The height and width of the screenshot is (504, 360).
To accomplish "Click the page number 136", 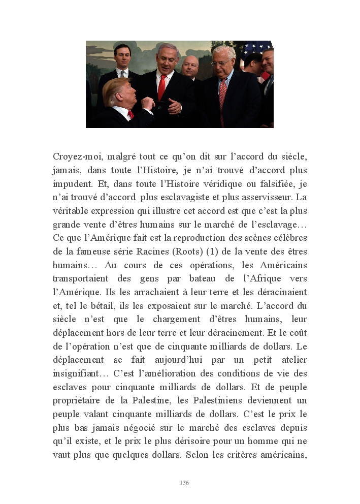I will click(x=184, y=483).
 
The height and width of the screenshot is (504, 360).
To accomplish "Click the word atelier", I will click(x=290, y=360).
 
